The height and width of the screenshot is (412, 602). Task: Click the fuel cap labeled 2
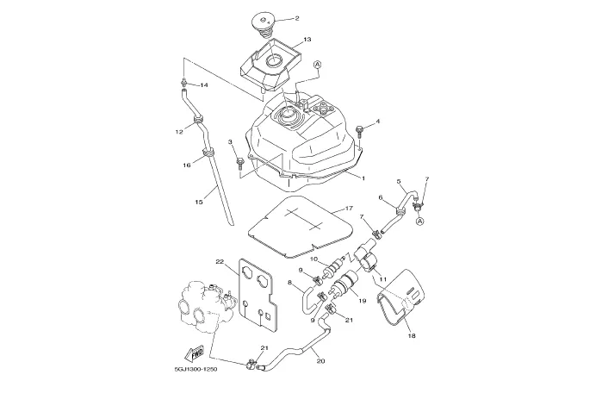264,24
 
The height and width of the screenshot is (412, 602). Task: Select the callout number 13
307,39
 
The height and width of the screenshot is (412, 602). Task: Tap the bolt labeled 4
360,131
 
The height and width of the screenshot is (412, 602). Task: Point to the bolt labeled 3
239,163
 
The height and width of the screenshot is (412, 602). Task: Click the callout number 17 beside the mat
349,209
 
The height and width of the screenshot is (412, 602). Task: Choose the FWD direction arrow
195,353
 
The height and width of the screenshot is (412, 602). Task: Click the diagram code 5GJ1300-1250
195,369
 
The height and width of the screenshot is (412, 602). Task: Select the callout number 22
220,262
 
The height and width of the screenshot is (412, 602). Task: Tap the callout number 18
412,335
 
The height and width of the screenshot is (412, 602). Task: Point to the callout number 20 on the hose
321,361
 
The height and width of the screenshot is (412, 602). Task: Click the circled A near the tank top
318,65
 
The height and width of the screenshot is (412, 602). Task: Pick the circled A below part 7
419,221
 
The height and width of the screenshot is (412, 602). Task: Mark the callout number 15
199,202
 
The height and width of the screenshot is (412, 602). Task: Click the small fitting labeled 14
184,82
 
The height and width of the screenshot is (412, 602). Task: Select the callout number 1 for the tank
363,178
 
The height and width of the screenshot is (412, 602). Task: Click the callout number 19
362,301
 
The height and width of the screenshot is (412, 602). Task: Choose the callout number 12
179,132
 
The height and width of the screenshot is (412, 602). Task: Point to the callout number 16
187,165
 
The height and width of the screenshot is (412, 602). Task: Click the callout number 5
399,181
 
